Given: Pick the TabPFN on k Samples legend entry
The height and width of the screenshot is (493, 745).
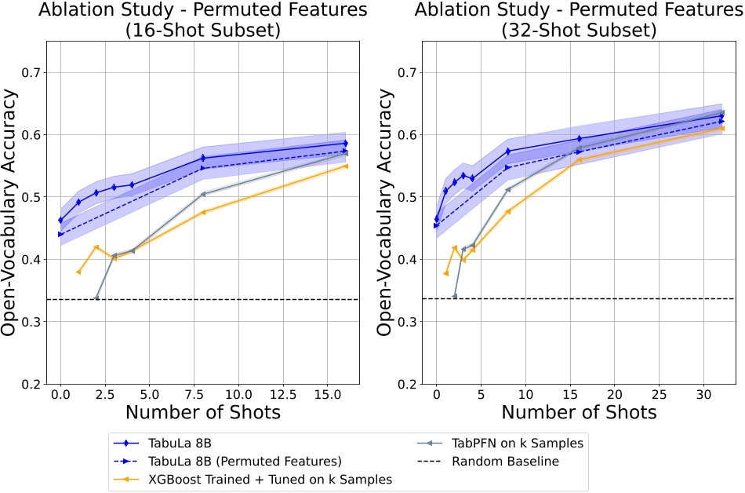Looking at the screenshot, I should (x=518, y=443).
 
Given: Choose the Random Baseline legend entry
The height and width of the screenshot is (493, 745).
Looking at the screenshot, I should (x=506, y=461).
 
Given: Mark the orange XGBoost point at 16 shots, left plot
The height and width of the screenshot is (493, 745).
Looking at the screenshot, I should (x=345, y=166).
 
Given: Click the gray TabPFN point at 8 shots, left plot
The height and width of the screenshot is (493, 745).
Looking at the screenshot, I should (x=203, y=194).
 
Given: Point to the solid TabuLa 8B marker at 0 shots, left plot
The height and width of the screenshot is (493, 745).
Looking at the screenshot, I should (x=60, y=221).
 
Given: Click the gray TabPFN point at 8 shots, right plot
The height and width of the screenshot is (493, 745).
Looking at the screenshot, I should (x=507, y=189).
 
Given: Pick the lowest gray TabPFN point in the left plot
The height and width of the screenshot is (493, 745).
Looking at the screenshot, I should (x=96, y=298).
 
